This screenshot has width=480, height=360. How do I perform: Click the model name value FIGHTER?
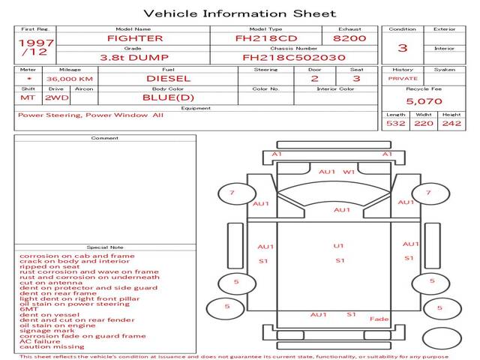pos(135,38)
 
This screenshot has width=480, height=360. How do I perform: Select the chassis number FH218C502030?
pos(294,58)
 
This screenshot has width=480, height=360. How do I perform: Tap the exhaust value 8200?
pos(349,38)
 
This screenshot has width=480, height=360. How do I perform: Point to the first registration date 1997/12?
pos(36,47)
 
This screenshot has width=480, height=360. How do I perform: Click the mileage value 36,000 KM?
pos(70,79)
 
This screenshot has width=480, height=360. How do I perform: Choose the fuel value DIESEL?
pos(168,79)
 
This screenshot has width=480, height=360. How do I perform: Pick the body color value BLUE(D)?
pos(168,97)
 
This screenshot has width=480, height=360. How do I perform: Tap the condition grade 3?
pos(403,48)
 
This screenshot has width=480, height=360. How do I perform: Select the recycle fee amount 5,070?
pos(424,101)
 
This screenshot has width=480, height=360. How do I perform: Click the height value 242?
pos(451,123)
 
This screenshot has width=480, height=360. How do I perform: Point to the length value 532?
pos(395,123)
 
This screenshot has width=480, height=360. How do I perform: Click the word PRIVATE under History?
pos(403,79)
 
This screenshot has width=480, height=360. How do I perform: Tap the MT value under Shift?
pos(28,98)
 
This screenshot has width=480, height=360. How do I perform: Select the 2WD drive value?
pos(57,98)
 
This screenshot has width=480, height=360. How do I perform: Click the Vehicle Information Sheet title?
pos(240,13)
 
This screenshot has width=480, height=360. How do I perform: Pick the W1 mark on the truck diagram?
pos(349,172)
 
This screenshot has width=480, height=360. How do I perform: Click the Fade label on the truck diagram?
pos(379,319)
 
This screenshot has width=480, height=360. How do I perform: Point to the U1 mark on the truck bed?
pos(338,246)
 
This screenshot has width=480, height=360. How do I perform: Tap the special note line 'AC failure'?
pos(40,341)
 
